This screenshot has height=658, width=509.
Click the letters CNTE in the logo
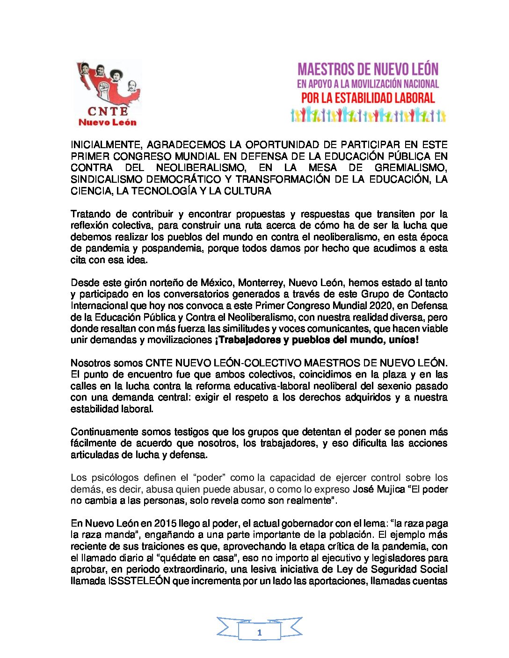tap(107, 111)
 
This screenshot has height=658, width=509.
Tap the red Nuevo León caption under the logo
tap(107, 122)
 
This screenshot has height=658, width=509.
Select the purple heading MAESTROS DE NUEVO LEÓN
tap(368, 70)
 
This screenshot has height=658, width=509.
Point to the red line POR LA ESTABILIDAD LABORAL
tap(368, 98)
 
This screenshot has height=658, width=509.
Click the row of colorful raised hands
tap(368, 115)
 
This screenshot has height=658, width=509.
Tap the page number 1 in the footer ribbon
tap(259, 633)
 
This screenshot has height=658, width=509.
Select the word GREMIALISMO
tap(411, 168)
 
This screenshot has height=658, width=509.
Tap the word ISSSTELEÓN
tap(139, 581)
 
